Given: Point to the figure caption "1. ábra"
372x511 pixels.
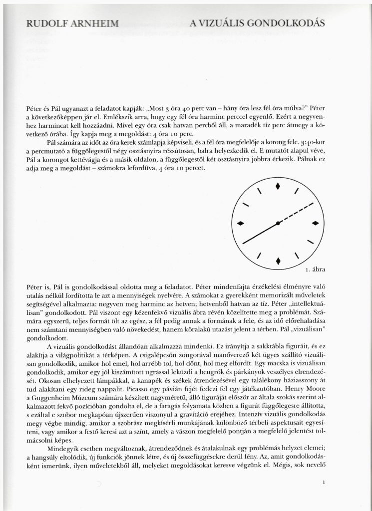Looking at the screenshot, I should click(x=315, y=270).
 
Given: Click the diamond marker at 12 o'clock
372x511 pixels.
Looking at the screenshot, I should click(x=278, y=187).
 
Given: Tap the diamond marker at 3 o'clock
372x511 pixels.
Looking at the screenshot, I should click(x=315, y=223).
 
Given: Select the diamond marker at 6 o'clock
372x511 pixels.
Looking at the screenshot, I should click(x=278, y=259).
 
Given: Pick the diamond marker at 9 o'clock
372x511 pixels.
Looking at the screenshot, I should click(x=241, y=223).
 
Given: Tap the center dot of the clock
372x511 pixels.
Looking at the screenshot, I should click(x=278, y=223).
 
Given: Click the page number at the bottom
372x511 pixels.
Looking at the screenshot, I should click(x=325, y=483).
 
